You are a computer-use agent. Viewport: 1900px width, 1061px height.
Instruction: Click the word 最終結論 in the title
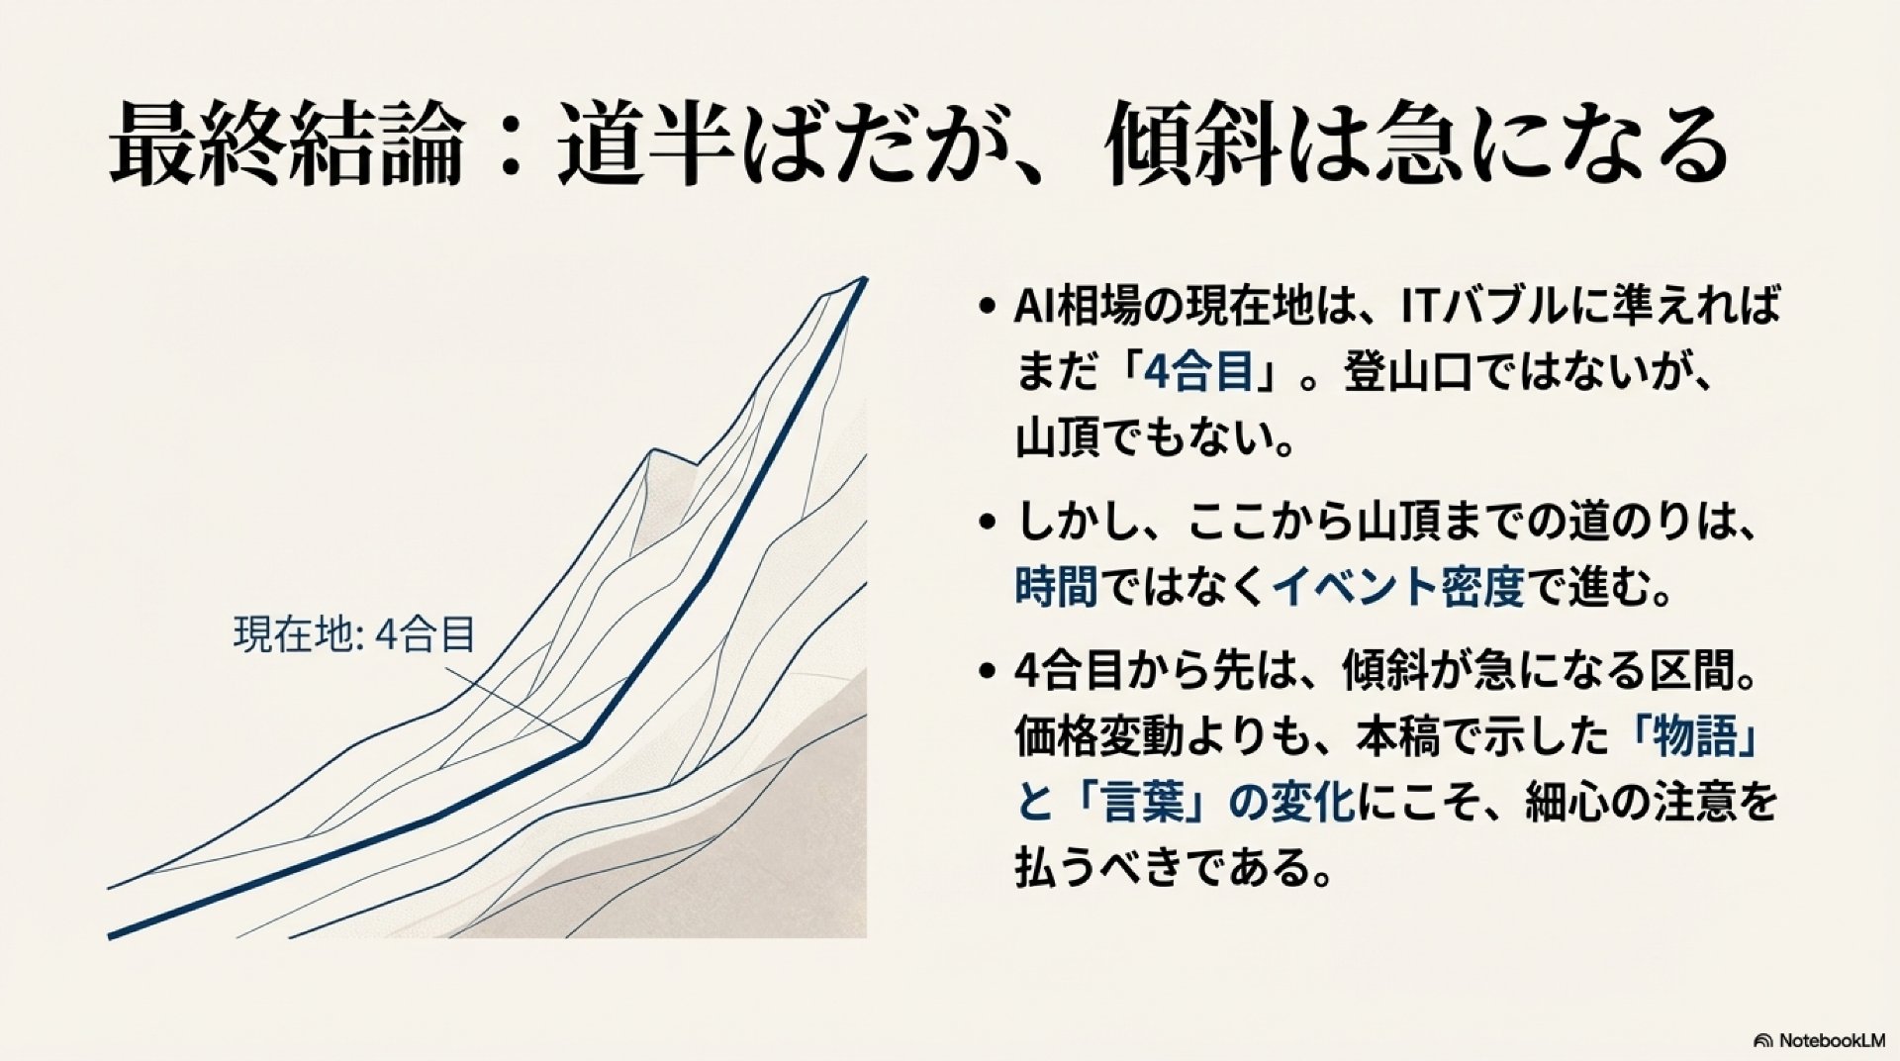(286, 148)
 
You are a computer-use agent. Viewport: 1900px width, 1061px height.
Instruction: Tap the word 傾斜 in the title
(1194, 148)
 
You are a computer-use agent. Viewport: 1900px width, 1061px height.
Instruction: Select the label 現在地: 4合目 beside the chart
(354, 634)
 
